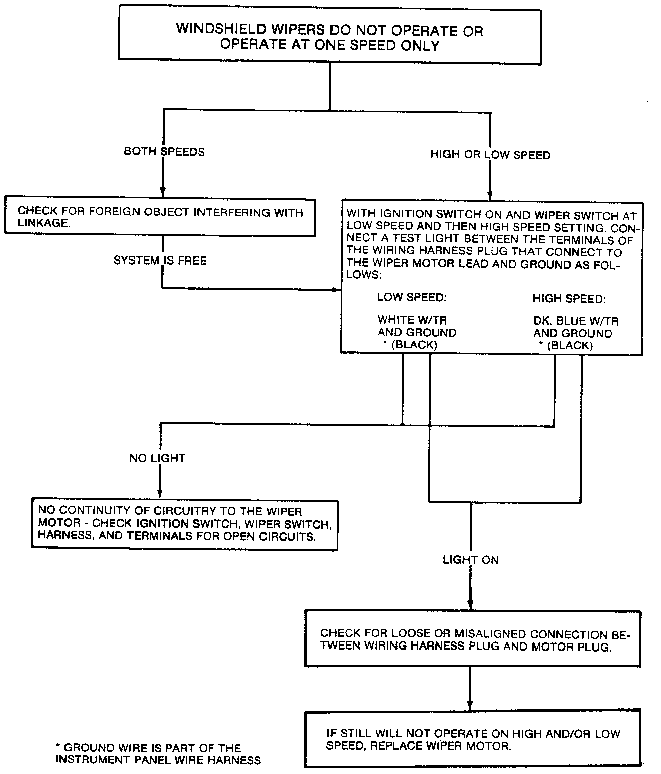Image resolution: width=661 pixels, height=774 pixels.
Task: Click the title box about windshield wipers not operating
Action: click(x=329, y=37)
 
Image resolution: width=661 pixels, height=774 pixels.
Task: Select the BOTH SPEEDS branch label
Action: click(x=164, y=152)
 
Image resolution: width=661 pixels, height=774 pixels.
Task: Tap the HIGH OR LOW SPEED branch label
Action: click(x=490, y=155)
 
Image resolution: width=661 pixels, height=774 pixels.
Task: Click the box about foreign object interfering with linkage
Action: click(x=160, y=217)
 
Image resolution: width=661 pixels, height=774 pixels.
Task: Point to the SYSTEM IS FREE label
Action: click(x=160, y=261)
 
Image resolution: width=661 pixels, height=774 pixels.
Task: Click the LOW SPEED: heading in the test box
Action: click(x=412, y=297)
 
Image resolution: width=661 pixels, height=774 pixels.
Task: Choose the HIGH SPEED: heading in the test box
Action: click(x=568, y=299)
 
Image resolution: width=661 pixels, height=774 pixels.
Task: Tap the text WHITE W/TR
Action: click(x=412, y=320)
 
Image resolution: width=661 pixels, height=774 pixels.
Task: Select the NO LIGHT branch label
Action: click(x=157, y=458)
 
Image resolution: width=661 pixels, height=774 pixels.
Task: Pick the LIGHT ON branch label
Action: click(x=471, y=560)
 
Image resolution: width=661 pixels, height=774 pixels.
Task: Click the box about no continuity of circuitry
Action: click(x=184, y=524)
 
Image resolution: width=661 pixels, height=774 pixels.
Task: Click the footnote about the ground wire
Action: click(x=158, y=754)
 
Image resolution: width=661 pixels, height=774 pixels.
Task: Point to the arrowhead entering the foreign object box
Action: click(x=163, y=192)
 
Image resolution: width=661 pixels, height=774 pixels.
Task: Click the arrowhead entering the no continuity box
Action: click(x=160, y=494)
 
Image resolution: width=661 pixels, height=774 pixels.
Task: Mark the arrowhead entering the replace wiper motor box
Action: click(x=470, y=705)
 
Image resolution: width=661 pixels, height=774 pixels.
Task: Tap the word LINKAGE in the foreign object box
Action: click(x=42, y=223)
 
